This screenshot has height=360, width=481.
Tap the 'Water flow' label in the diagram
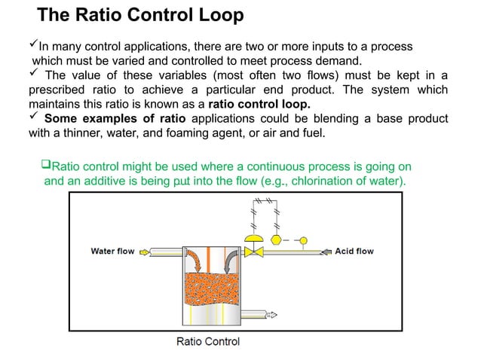point(112,252)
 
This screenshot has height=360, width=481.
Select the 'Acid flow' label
point(354,252)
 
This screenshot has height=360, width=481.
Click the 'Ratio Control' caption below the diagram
point(208,342)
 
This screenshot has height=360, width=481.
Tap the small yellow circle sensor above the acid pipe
point(303,241)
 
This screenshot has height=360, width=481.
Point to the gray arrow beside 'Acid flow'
point(326,252)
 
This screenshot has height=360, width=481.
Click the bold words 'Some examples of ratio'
point(116,120)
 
